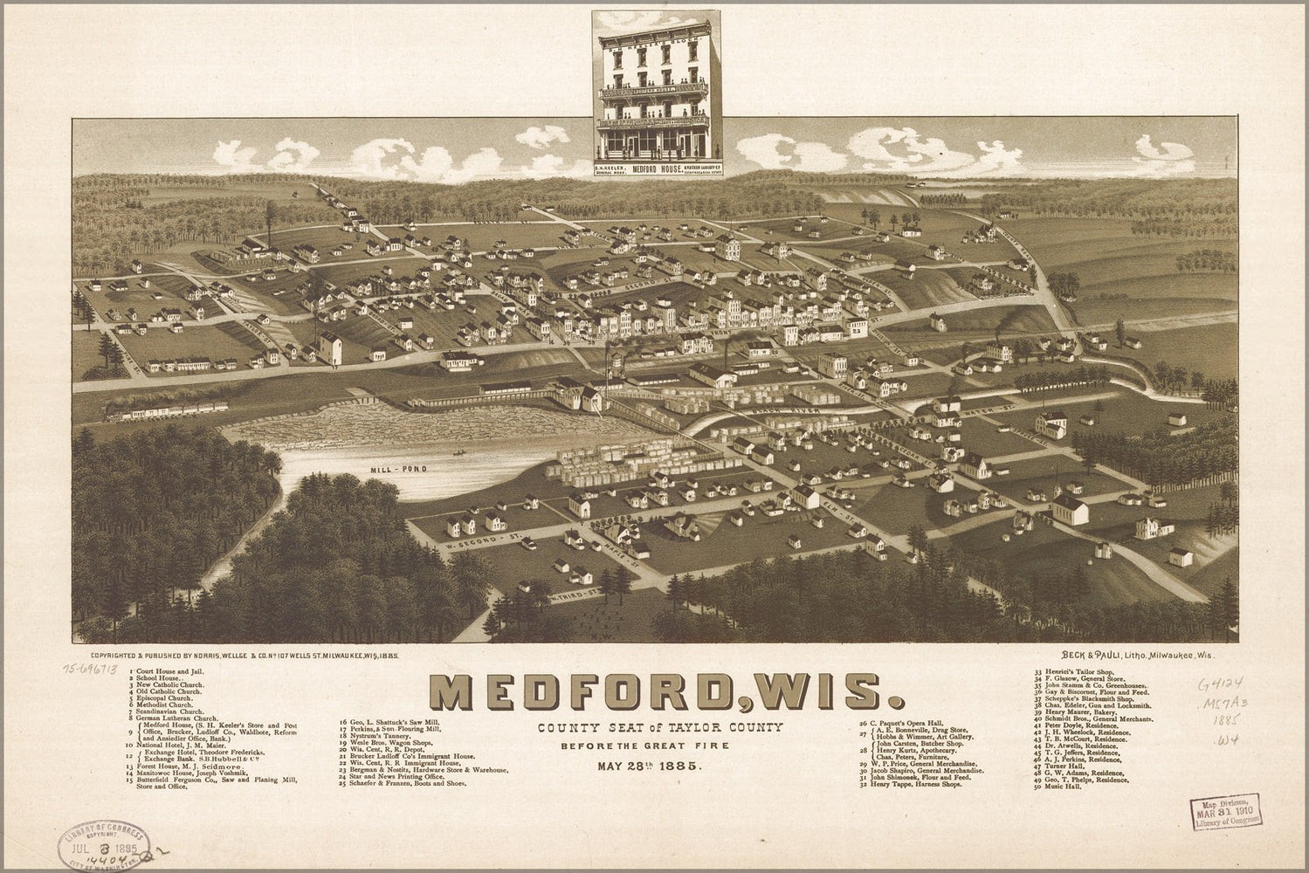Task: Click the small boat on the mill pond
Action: pos(457,453)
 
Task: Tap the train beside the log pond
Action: pos(166,409)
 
